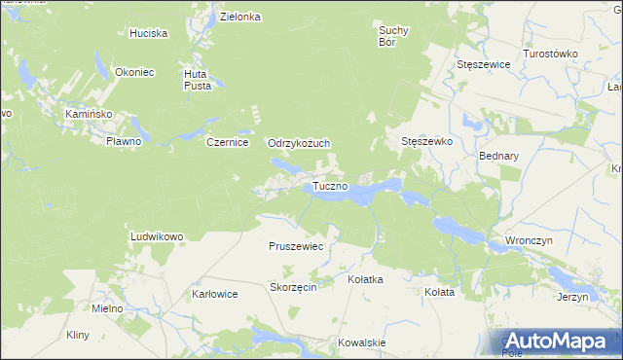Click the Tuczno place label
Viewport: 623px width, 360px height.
point(331,186)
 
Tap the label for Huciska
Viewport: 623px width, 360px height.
point(149,33)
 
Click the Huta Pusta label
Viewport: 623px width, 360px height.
point(198,79)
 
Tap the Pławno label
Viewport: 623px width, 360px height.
point(124,141)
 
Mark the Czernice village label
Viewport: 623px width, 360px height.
point(229,142)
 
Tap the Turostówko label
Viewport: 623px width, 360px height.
point(551,54)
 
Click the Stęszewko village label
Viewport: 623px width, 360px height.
point(427,141)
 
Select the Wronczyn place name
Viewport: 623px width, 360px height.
point(530,239)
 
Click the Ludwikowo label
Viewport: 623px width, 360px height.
point(157,236)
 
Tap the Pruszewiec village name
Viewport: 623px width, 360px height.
point(296,247)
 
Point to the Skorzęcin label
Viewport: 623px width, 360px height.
point(293,288)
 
